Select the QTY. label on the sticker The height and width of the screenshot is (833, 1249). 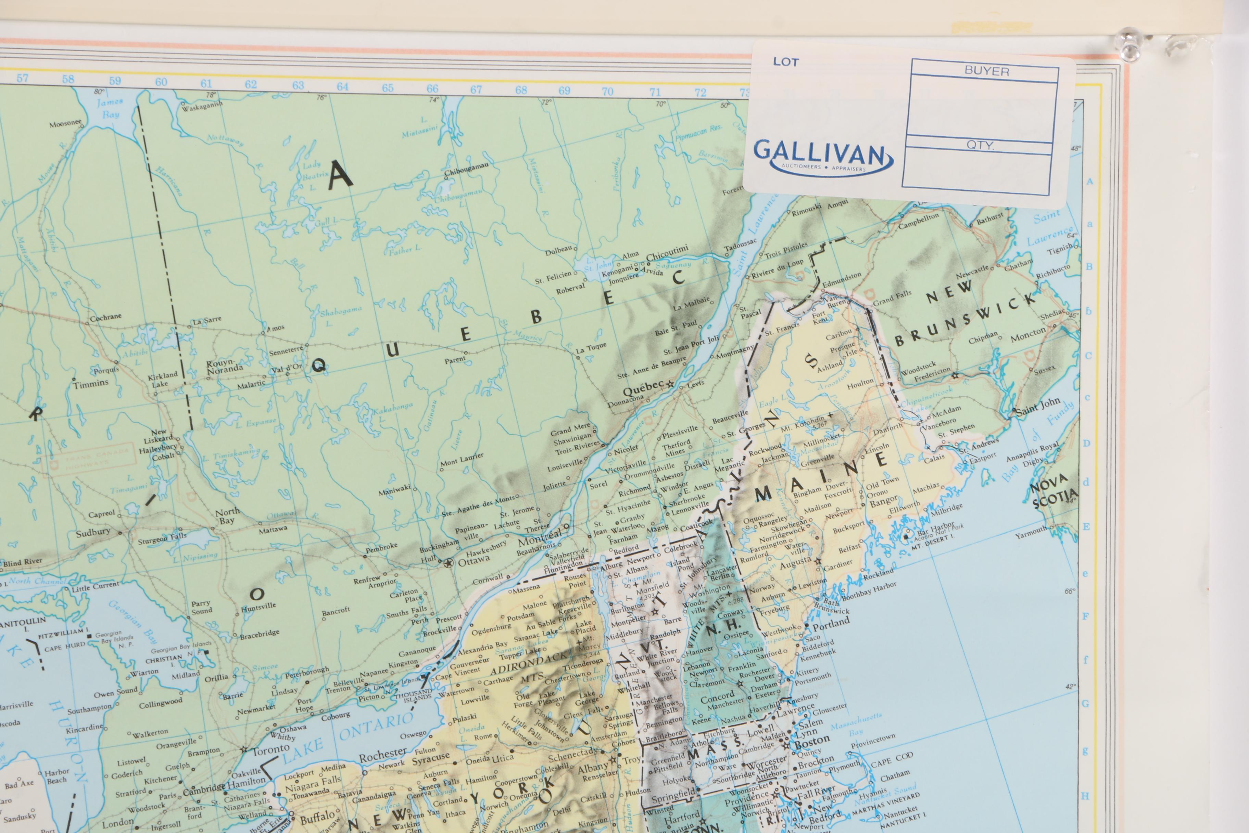click(980, 145)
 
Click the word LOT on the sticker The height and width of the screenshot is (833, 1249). click(785, 62)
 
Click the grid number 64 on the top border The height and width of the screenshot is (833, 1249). click(342, 86)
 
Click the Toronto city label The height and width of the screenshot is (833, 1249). click(270, 751)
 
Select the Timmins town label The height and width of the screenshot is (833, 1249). click(91, 383)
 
